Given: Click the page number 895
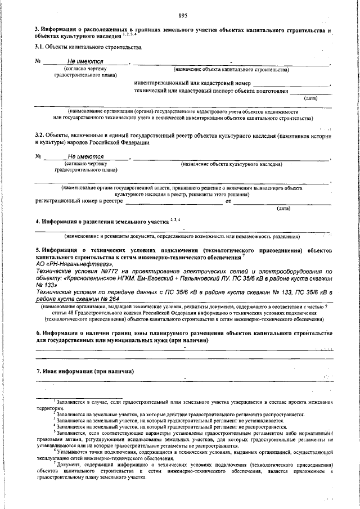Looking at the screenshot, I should (x=182, y=16).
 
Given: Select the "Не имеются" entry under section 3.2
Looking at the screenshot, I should (x=85, y=156).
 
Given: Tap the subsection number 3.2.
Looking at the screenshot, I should (x=39, y=136).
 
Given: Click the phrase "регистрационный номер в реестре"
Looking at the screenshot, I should (x=79, y=200).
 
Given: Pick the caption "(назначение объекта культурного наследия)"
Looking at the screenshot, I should (x=231, y=164).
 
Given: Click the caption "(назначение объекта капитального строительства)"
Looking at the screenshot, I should (x=231, y=70).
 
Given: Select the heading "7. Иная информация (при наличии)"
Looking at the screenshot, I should (x=84, y=371).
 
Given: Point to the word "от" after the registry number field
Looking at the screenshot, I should (x=228, y=200).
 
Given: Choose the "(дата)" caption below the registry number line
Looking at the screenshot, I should (x=283, y=208).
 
